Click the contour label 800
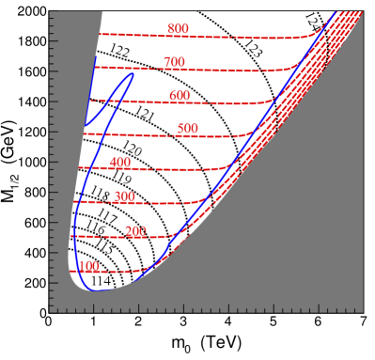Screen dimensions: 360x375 [178, 29]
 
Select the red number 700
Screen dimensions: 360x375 [174, 63]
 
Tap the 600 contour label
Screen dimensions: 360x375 [180, 96]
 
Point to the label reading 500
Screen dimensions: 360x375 [187, 129]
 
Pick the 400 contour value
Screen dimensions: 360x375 [120, 163]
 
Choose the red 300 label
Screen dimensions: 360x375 [124, 196]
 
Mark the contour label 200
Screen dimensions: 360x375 [135, 231]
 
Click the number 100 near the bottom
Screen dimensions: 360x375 [89, 267]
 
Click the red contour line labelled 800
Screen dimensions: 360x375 [244, 37]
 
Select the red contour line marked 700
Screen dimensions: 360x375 [235, 70]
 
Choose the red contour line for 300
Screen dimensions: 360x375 [169, 203]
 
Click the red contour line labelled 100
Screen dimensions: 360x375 [122, 272]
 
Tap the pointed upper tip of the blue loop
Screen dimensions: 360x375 [133, 74]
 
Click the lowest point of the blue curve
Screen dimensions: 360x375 [94, 290]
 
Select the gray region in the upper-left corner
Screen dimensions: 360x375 [66, 56]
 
